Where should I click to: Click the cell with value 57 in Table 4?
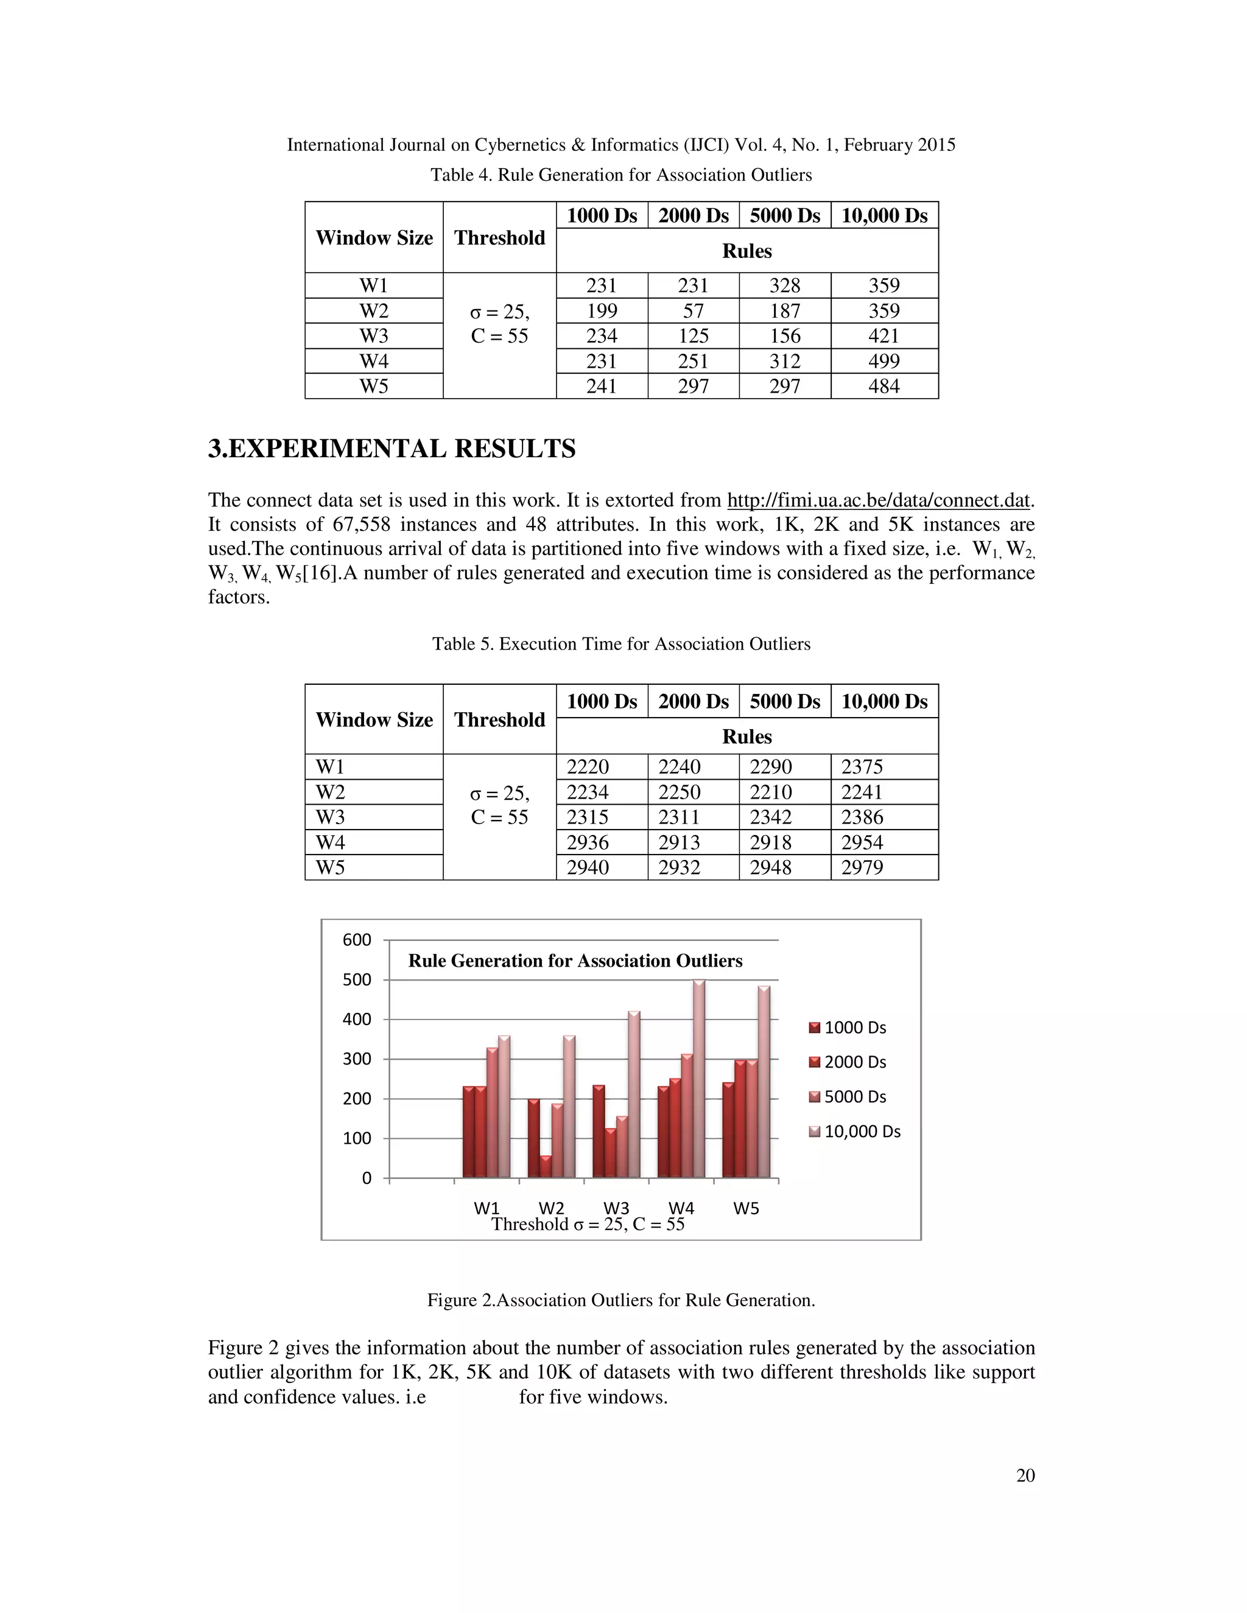pos(693,311)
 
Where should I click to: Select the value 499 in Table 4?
pos(883,361)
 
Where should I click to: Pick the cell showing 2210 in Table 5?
pos(770,792)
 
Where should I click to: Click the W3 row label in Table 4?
pos(374,336)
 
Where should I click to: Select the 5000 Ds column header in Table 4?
pos(784,215)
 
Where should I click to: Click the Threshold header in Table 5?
pos(499,719)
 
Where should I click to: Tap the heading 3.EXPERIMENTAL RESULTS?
pos(392,449)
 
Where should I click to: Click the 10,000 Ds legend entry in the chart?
pos(862,1132)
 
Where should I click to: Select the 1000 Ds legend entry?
pos(855,1027)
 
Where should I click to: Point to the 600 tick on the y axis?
pos(357,940)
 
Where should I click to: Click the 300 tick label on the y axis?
pos(357,1059)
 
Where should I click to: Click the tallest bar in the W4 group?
pos(699,1079)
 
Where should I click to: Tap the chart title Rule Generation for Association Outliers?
pos(575,961)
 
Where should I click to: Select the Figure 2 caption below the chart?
pos(620,1300)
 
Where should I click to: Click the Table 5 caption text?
pos(620,644)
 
